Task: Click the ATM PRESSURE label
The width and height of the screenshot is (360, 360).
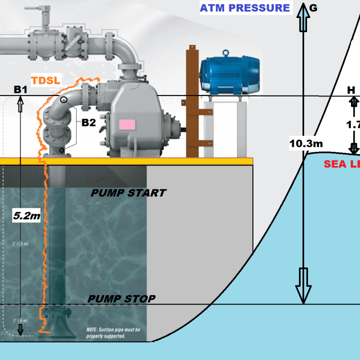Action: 245,7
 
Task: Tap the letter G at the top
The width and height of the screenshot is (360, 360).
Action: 313,7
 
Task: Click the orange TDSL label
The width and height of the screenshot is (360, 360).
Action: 45,80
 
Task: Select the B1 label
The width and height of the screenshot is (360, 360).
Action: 20,89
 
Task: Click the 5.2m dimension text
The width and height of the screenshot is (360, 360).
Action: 26,216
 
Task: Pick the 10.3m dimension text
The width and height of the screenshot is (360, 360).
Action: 306,144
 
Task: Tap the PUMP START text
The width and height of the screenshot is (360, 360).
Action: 128,193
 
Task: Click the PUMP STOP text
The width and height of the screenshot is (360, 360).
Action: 121,299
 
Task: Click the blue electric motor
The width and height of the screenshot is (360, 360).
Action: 230,75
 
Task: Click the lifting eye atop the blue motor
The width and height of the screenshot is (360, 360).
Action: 226,51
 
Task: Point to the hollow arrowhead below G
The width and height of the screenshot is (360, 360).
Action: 303,20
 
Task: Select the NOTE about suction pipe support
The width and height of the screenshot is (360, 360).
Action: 113,333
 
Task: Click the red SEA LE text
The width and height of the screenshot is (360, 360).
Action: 341,164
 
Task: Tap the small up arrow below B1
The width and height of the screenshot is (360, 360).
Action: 20,105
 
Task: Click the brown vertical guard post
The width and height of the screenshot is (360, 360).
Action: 191,100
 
